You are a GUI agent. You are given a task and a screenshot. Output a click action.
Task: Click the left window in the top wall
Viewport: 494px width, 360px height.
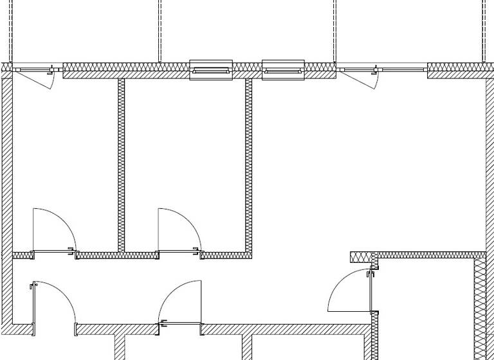point(210,69)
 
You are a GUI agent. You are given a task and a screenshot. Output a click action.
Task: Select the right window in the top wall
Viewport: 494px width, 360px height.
point(283,69)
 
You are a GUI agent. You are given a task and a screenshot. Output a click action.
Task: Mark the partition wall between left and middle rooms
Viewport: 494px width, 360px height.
point(121,164)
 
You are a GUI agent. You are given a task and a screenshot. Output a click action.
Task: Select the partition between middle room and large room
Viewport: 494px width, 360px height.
point(248,164)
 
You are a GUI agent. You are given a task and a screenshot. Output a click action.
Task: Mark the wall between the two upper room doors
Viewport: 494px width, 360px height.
point(116,255)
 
